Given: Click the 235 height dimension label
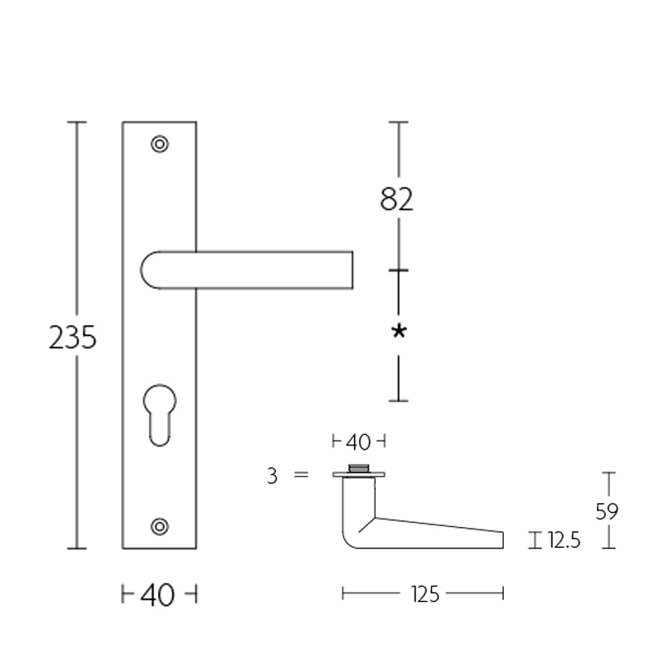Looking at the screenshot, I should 73,337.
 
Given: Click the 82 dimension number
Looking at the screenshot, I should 397,199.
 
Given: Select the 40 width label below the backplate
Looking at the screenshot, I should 158,594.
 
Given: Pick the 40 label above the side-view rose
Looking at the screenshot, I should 358,441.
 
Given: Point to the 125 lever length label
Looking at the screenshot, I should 424,594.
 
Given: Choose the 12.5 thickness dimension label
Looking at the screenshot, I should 564,542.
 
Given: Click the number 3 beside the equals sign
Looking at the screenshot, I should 272,476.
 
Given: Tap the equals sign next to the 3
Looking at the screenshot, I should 301,475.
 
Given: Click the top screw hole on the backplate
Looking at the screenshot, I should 160,144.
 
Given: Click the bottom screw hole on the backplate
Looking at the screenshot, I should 160,525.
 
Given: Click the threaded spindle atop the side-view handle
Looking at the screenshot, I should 359,467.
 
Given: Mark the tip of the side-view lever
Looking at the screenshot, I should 501,539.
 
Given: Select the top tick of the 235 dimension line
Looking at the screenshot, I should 76,122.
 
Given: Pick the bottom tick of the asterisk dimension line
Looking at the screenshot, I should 399,401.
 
